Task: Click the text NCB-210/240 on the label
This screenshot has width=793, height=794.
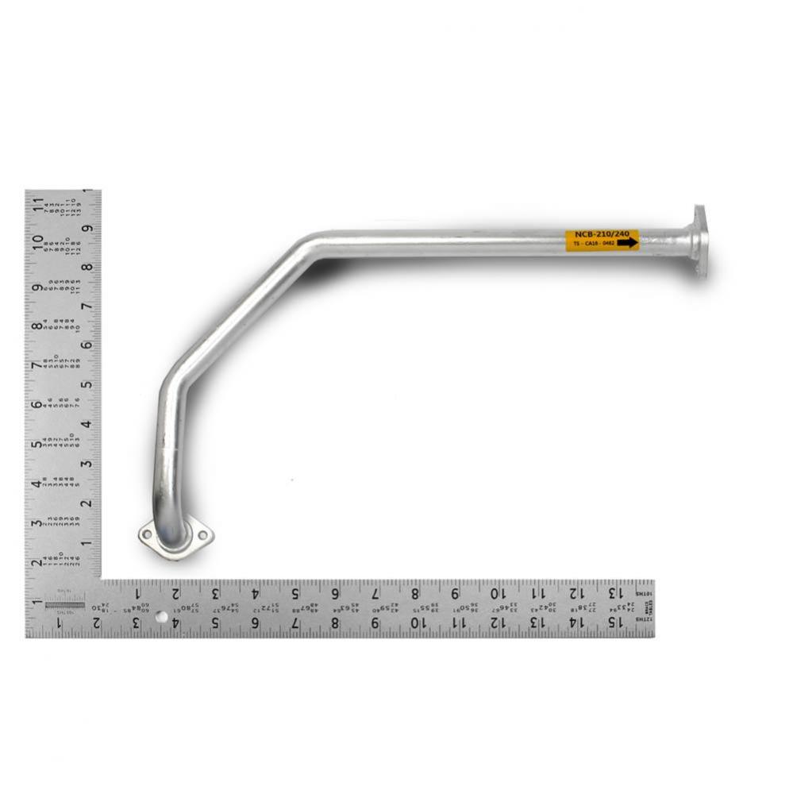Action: pyautogui.click(x=602, y=235)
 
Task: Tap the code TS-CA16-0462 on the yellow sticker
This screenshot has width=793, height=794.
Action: pyautogui.click(x=593, y=244)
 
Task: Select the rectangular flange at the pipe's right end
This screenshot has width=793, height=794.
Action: pyautogui.click(x=699, y=241)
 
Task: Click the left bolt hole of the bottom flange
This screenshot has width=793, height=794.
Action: pyautogui.click(x=148, y=534)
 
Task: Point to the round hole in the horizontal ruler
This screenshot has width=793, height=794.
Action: pyautogui.click(x=161, y=617)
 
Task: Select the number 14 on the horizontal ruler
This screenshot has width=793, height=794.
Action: pyautogui.click(x=574, y=623)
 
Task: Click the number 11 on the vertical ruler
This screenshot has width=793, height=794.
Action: pyautogui.click(x=37, y=204)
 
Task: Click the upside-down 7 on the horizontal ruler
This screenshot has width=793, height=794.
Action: pyautogui.click(x=374, y=592)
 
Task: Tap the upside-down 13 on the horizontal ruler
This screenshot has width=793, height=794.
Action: pyautogui.click(x=614, y=592)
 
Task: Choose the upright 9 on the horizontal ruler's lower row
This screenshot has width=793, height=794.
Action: pyautogui.click(x=375, y=623)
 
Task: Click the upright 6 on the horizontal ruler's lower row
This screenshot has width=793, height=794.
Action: pyautogui.click(x=255, y=623)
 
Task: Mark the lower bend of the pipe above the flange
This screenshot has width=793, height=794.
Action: pyautogui.click(x=170, y=389)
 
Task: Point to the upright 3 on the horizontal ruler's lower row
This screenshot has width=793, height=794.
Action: pyautogui.click(x=136, y=623)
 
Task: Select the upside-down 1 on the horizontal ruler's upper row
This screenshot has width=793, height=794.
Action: pyautogui.click(x=136, y=592)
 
